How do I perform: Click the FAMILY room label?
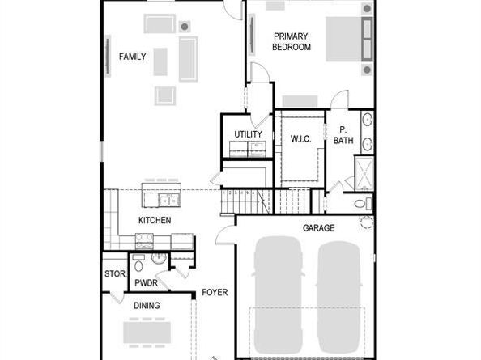pos(132,57)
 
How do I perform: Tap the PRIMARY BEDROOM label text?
pos(292,42)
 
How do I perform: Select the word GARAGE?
pos(318,228)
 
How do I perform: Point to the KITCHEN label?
pos(155,220)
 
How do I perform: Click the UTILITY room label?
pos(248,134)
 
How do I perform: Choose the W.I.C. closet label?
pos(300,139)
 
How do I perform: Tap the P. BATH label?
pos(343,135)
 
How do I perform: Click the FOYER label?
pos(215,292)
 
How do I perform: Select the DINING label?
pos(147,306)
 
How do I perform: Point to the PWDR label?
pos(146,283)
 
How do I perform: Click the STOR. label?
pos(115,273)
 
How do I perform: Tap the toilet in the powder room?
pos(138,264)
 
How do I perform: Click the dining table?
pos(147,332)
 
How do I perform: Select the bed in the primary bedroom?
pos(349,39)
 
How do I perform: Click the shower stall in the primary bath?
pos(364,173)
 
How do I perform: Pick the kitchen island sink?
pos(169,201)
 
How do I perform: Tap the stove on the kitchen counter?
pos(144,241)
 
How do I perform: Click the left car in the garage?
pos(278,294)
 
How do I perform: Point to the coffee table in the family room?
pos(160,61)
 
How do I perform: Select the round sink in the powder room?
pos(160,258)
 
